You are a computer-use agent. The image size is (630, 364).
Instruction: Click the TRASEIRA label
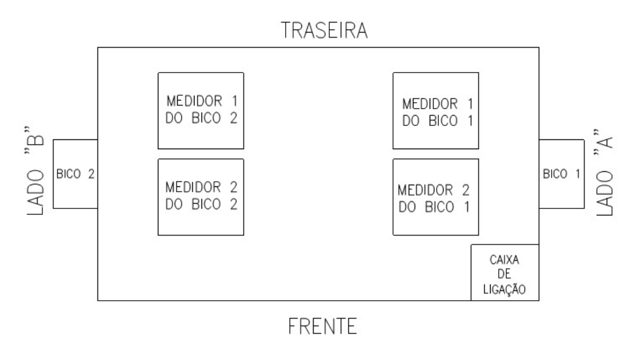(324, 31)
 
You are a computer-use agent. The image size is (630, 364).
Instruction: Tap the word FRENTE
(323, 326)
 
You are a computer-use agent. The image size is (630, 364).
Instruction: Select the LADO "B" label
(35, 171)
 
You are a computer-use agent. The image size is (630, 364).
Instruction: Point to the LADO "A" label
(604, 173)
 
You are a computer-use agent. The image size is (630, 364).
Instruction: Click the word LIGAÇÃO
(504, 289)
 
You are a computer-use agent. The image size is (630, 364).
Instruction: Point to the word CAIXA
(504, 260)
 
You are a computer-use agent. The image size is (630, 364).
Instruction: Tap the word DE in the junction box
(504, 274)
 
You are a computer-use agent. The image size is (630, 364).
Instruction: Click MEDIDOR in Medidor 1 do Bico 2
(195, 101)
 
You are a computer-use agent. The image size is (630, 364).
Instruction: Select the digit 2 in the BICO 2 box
(91, 174)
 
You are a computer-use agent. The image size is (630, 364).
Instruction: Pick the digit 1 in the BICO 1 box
(578, 174)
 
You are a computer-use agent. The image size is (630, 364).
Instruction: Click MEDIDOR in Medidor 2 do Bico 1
(426, 190)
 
